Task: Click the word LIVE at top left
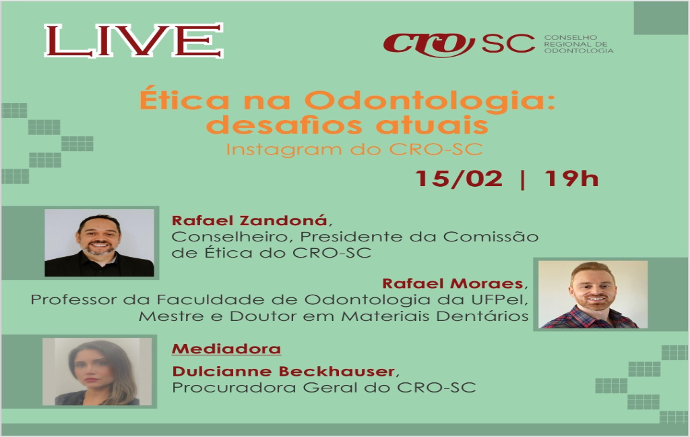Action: (x=134, y=40)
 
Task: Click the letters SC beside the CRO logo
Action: (x=508, y=43)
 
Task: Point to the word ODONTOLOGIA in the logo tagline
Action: (x=579, y=51)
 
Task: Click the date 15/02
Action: (x=459, y=179)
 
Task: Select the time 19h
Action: (x=571, y=179)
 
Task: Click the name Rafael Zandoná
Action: (x=249, y=220)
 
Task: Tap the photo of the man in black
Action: (x=100, y=243)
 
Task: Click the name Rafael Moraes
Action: (x=452, y=283)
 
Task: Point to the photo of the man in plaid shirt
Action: (x=593, y=294)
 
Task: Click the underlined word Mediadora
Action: (x=226, y=349)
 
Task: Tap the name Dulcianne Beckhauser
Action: (x=283, y=372)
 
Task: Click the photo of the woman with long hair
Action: (x=97, y=372)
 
